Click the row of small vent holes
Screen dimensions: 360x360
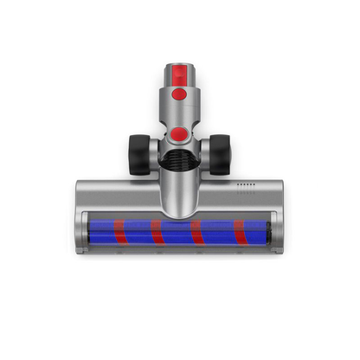[x=247, y=184]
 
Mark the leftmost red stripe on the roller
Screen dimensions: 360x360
[x=119, y=232]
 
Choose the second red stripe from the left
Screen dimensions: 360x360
[x=157, y=232]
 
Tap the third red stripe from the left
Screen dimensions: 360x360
[x=197, y=232]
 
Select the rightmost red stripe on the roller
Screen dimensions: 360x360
[x=238, y=232]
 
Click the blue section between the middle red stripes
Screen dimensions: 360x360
[x=177, y=232]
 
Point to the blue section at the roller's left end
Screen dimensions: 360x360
[x=100, y=232]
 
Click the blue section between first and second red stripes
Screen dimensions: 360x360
[x=138, y=232]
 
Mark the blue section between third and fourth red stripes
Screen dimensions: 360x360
[x=218, y=232]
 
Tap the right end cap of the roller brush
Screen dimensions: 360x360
[x=269, y=232]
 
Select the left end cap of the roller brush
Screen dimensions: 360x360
[x=85, y=232]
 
